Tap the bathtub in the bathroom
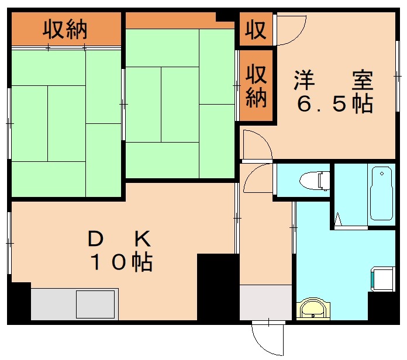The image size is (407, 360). tap(382, 193)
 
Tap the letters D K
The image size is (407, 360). tap(120, 238)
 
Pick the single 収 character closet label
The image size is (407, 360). tap(256, 29)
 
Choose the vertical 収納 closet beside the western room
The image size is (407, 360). tap(256, 86)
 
